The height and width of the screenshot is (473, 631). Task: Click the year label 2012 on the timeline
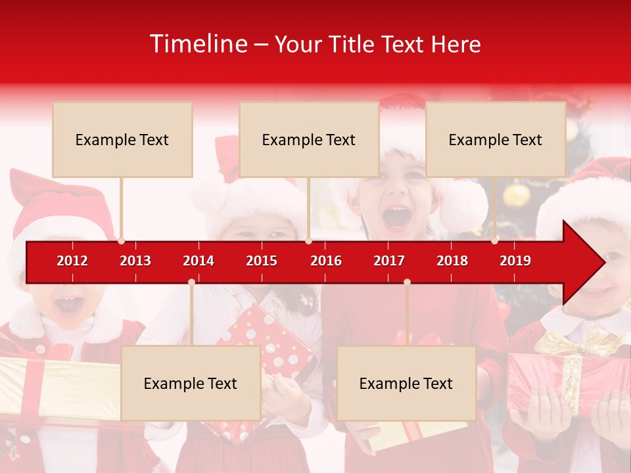click(x=72, y=261)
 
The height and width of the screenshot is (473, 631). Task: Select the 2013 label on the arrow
click(x=135, y=261)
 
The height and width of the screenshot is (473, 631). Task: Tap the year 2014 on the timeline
click(x=199, y=261)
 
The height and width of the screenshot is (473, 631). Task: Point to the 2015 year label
click(x=262, y=261)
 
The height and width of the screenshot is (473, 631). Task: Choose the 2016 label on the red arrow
click(x=326, y=261)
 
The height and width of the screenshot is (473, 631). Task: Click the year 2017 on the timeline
click(x=389, y=261)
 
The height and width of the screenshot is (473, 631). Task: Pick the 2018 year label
click(x=452, y=261)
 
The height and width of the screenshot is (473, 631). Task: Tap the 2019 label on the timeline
click(x=515, y=261)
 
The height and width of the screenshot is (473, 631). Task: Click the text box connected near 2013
click(x=122, y=139)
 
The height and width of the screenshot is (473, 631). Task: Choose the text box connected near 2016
click(x=309, y=139)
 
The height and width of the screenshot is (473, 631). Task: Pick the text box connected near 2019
click(x=496, y=139)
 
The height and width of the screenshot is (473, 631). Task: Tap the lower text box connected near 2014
click(x=191, y=383)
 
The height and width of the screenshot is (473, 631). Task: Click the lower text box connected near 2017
click(x=406, y=383)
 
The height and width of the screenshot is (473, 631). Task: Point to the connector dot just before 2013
click(x=121, y=241)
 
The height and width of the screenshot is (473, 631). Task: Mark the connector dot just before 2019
click(x=495, y=241)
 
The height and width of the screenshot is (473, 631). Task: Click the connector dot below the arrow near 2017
click(x=407, y=282)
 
